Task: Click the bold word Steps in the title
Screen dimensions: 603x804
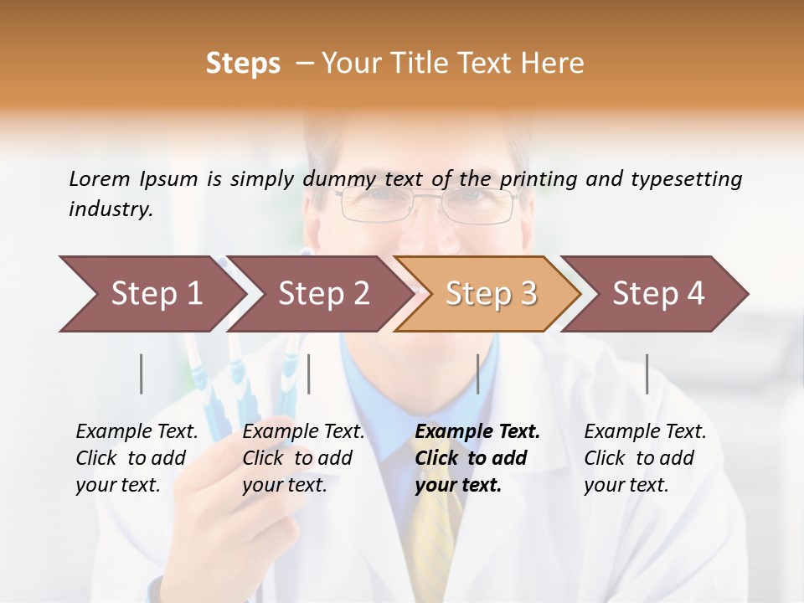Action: coord(243,64)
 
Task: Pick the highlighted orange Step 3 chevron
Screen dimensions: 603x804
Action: coord(490,294)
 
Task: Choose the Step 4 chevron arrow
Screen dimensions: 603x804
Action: coord(658,294)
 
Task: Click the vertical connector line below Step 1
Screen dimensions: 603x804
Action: coord(142,374)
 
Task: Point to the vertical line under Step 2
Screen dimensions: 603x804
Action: coord(309,374)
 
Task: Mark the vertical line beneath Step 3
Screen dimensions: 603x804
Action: coord(477,374)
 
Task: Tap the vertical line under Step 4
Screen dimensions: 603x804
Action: coord(647,374)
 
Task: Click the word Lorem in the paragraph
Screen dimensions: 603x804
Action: coord(100,179)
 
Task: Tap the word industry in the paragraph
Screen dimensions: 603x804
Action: coord(110,209)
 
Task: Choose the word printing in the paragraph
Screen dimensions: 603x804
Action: coord(539,179)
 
